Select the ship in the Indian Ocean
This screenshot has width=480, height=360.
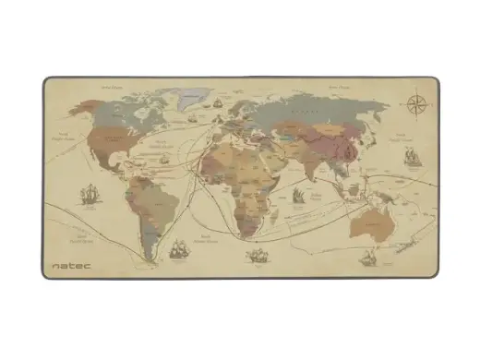click(300, 196)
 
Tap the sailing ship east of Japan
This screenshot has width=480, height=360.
click(406, 157)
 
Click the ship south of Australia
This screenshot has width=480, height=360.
click(366, 258)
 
